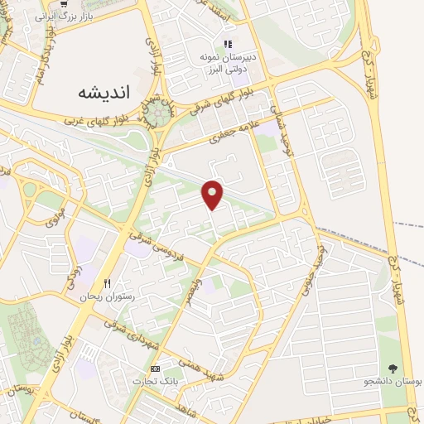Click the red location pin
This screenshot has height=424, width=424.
tap(214, 194)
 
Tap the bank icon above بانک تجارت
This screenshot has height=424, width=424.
tap(154, 369)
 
